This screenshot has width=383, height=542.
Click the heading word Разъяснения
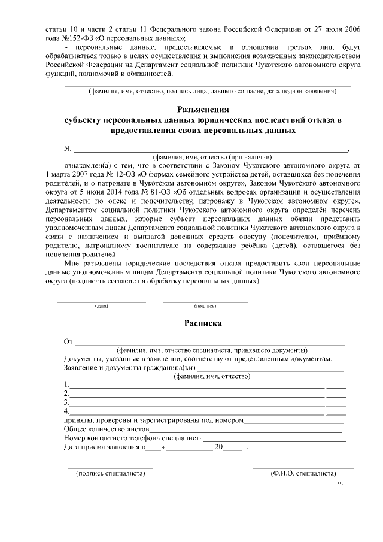203,109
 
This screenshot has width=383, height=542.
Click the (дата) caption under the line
101,306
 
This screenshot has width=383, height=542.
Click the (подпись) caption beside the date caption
205,306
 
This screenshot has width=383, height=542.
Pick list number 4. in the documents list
66,411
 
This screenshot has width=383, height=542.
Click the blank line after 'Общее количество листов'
245,429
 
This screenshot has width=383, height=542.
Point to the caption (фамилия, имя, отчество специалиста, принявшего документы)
212,350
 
